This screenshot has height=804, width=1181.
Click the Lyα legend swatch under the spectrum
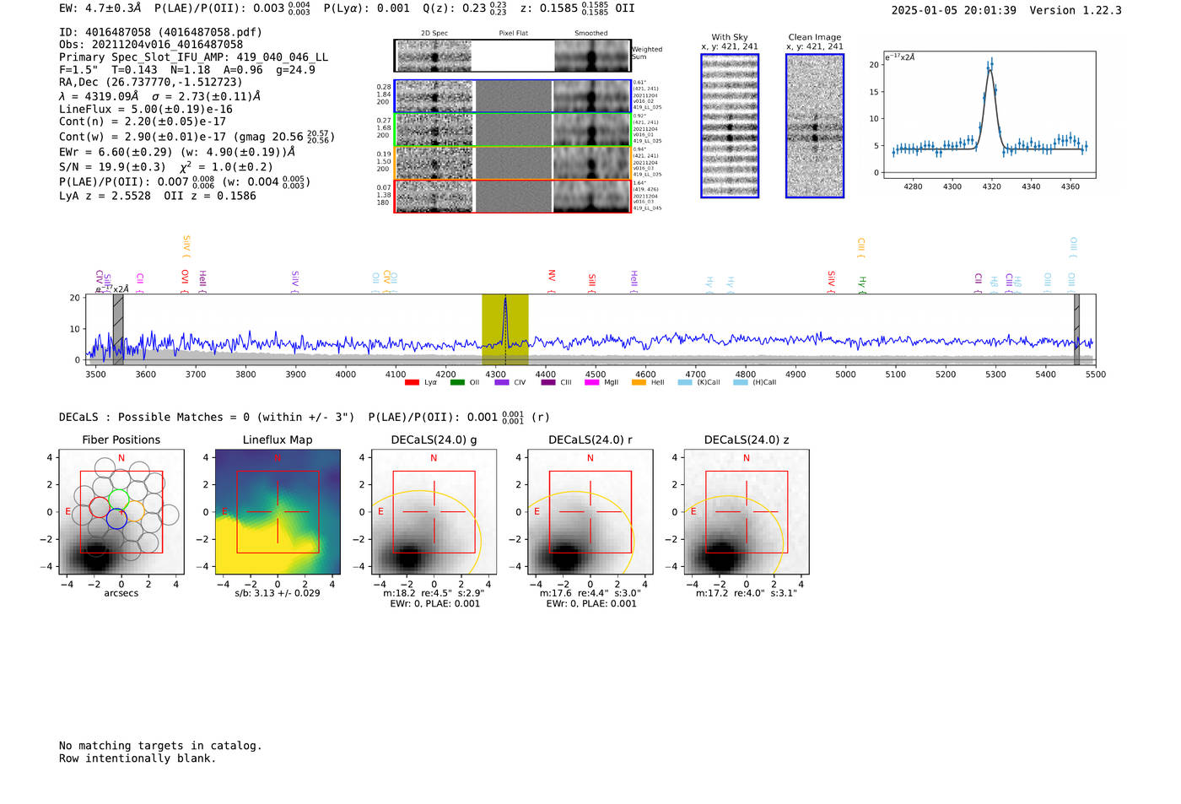click(x=412, y=383)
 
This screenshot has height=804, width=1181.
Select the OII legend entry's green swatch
click(x=457, y=383)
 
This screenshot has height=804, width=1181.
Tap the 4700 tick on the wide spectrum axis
click(x=695, y=374)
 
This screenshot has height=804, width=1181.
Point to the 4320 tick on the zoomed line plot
click(x=991, y=186)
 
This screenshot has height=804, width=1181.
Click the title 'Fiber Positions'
click(x=121, y=440)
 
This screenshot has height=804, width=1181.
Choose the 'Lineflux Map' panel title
click(x=278, y=440)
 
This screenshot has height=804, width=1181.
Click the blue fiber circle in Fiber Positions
click(x=116, y=520)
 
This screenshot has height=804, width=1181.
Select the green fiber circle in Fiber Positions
click(x=119, y=498)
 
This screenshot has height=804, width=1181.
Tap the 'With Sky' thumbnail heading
click(x=730, y=37)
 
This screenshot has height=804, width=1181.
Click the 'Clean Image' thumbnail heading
click(x=814, y=37)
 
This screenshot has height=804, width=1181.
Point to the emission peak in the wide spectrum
click(x=505, y=299)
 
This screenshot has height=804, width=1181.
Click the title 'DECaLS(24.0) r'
click(x=590, y=440)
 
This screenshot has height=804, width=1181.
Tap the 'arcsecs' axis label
click(x=121, y=593)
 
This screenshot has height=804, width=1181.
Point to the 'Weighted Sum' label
click(x=646, y=52)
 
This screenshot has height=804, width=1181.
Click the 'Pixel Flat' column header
click(x=513, y=33)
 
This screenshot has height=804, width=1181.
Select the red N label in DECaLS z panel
click(x=746, y=458)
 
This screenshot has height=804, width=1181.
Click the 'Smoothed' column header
click(x=590, y=33)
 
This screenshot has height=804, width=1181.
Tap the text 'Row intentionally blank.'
click(x=138, y=758)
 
